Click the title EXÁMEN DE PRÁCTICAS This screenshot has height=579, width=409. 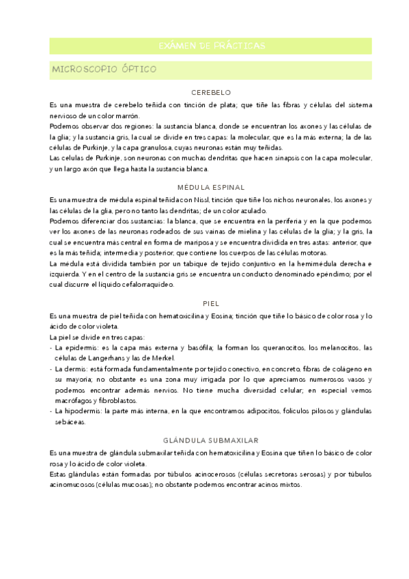point(211,46)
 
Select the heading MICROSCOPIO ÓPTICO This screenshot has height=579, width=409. point(100,70)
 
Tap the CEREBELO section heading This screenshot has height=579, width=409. point(211,92)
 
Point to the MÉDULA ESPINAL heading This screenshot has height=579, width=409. point(211,187)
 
